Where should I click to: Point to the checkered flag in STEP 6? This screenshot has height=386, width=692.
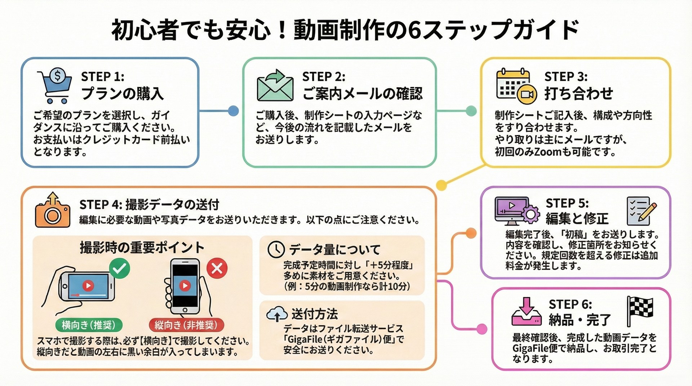pos(640,310)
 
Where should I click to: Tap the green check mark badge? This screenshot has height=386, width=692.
pos(120,269)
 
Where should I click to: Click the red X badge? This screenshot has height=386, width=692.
pos(217,269)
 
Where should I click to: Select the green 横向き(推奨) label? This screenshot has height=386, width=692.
pos(89,325)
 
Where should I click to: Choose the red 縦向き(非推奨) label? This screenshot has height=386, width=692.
pos(186,325)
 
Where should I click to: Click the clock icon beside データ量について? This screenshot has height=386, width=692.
pos(276,249)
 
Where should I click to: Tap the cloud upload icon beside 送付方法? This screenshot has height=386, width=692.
pos(277,314)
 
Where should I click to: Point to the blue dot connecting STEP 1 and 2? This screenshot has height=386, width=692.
pos(234,111)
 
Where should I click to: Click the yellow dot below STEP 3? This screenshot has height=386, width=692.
pos(442,185)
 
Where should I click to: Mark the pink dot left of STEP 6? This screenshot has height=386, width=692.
pos(482,329)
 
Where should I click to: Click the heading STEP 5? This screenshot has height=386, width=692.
pos(567,203)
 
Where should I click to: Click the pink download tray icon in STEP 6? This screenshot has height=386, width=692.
pos(527,312)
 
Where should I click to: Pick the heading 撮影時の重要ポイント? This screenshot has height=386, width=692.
pos(142,248)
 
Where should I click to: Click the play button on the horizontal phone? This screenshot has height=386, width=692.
pos(88,286)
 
